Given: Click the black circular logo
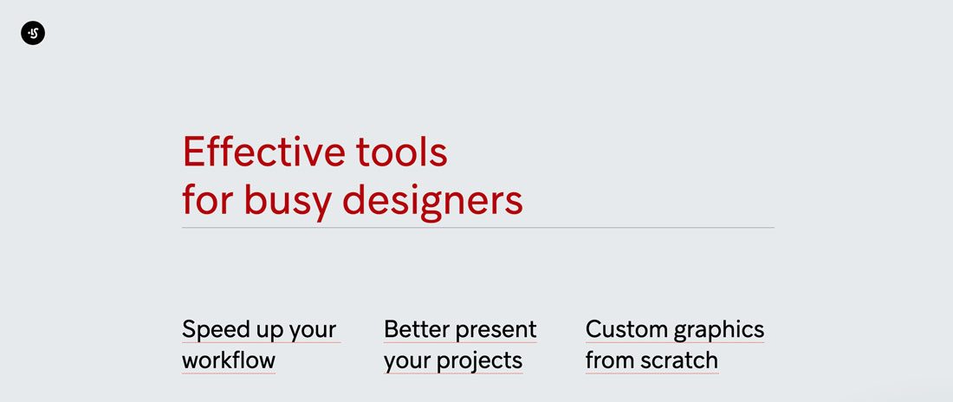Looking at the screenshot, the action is click(x=33, y=33).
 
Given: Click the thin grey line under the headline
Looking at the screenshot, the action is click(x=477, y=228).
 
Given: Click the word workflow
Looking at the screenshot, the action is click(x=229, y=360).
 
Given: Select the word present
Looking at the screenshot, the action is click(x=496, y=331).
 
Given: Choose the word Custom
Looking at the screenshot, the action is click(x=626, y=329).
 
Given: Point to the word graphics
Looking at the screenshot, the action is click(x=719, y=330).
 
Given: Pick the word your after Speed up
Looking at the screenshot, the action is click(x=311, y=332).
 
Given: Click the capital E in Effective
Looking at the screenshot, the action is click(x=192, y=152).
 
